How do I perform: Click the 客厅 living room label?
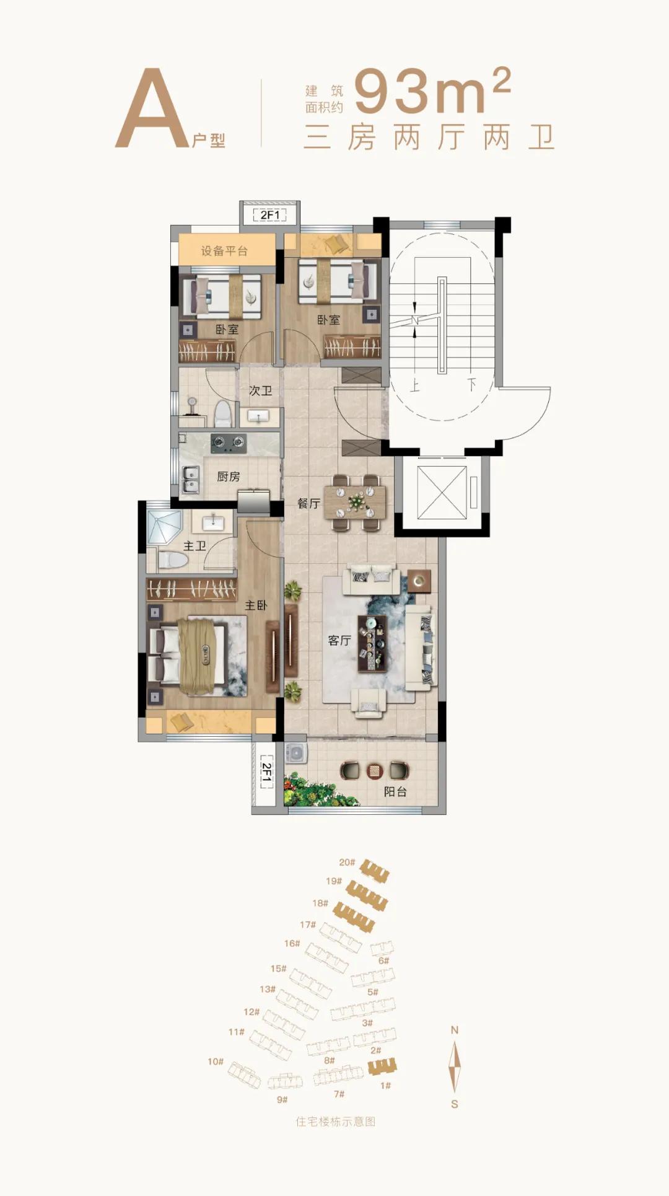point(339,640)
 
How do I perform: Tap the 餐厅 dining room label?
point(308,503)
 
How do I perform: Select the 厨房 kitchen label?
point(228,476)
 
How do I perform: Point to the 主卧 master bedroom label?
point(256,605)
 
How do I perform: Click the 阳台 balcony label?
point(395,791)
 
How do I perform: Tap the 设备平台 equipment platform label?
point(224,251)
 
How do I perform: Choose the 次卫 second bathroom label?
point(260,390)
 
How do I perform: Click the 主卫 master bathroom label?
point(195,545)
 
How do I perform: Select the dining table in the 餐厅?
point(356,502)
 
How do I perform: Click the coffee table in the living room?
point(372,644)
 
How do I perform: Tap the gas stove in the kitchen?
point(229,443)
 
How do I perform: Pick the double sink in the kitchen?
point(191,480)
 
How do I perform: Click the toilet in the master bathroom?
point(173,560)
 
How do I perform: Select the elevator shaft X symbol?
point(442,493)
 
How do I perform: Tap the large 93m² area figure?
point(432,90)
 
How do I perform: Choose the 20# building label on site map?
point(347,862)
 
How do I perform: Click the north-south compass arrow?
point(455,1066)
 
